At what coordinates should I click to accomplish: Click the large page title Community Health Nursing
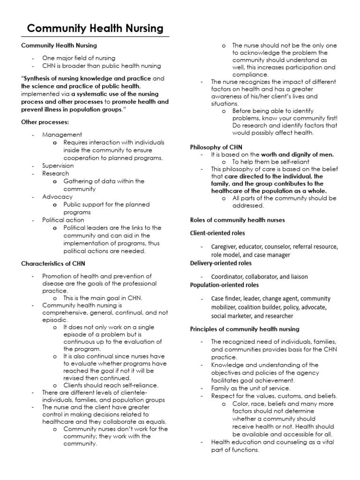pyautogui.click(x=95, y=29)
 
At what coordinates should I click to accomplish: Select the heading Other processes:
pyautogui.click(x=45, y=122)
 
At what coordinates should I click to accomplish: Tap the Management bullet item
pyautogui.click(x=62, y=135)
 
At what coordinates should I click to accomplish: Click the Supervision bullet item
pyautogui.click(x=58, y=165)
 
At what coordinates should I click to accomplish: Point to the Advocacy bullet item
pyautogui.click(x=57, y=197)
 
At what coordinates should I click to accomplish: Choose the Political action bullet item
pyautogui.click(x=63, y=220)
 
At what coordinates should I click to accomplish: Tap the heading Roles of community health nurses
pyautogui.click(x=237, y=220)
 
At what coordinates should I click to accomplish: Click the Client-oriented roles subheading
pyautogui.click(x=217, y=232)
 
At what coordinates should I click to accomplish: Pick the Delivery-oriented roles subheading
pyautogui.click(x=221, y=263)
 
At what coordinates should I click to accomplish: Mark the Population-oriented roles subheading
pyautogui.click(x=224, y=285)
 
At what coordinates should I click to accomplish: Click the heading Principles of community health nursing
pyautogui.click(x=245, y=329)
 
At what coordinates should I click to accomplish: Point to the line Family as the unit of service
pyautogui.click(x=251, y=388)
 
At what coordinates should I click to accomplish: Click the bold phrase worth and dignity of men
pyautogui.click(x=298, y=154)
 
